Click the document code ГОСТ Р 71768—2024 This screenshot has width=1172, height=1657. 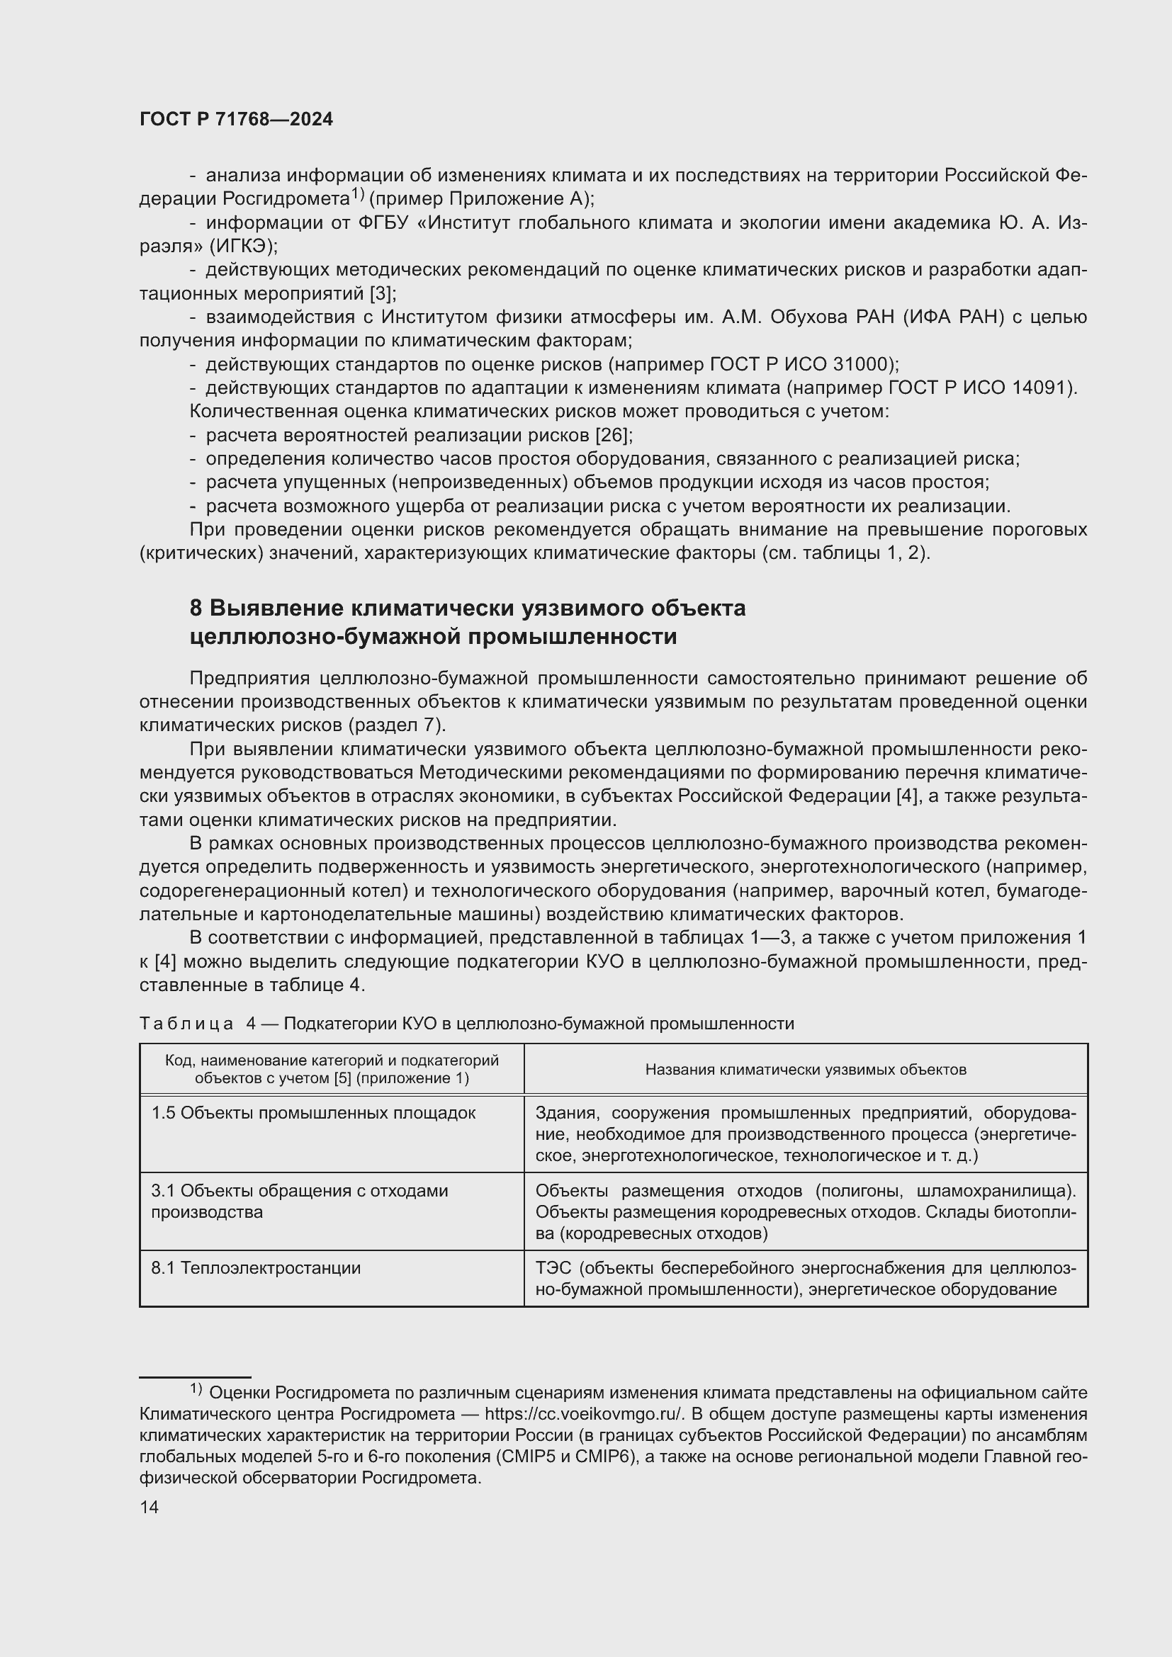click(236, 120)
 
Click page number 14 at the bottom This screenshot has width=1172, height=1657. click(150, 1507)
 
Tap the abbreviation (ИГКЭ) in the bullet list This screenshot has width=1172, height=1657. click(243, 246)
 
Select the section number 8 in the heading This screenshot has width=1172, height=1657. click(196, 609)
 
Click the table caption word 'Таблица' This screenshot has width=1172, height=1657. click(186, 1024)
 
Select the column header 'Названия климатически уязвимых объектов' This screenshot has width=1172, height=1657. click(806, 1070)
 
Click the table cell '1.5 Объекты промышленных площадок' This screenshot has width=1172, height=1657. click(313, 1113)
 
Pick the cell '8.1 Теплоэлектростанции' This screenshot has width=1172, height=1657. click(256, 1268)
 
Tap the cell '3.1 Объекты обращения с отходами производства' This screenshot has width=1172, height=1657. click(299, 1201)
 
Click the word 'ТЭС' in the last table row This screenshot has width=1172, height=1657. click(554, 1268)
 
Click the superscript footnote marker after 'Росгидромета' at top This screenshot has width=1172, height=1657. click(359, 193)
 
